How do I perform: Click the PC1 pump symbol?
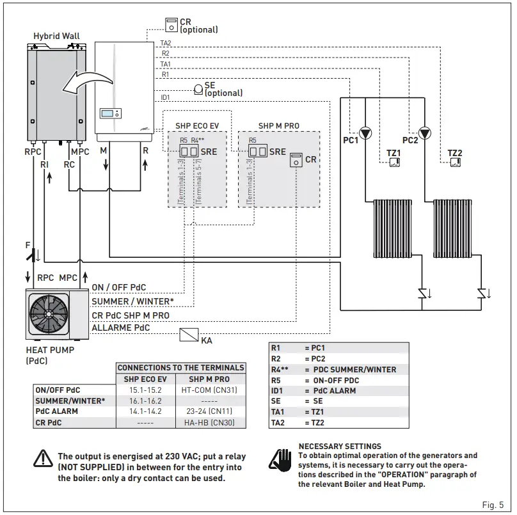[366, 134]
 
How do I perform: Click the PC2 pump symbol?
[426, 134]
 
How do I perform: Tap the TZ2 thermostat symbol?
[454, 162]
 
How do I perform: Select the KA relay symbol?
[189, 334]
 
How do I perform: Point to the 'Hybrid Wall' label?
[56, 36]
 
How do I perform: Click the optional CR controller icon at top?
[171, 25]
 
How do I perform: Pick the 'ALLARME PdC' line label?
[120, 328]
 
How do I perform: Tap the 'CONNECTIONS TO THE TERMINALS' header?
[181, 368]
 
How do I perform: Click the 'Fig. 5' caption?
[493, 505]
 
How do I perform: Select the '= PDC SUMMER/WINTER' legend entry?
[350, 369]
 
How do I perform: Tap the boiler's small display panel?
[110, 114]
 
